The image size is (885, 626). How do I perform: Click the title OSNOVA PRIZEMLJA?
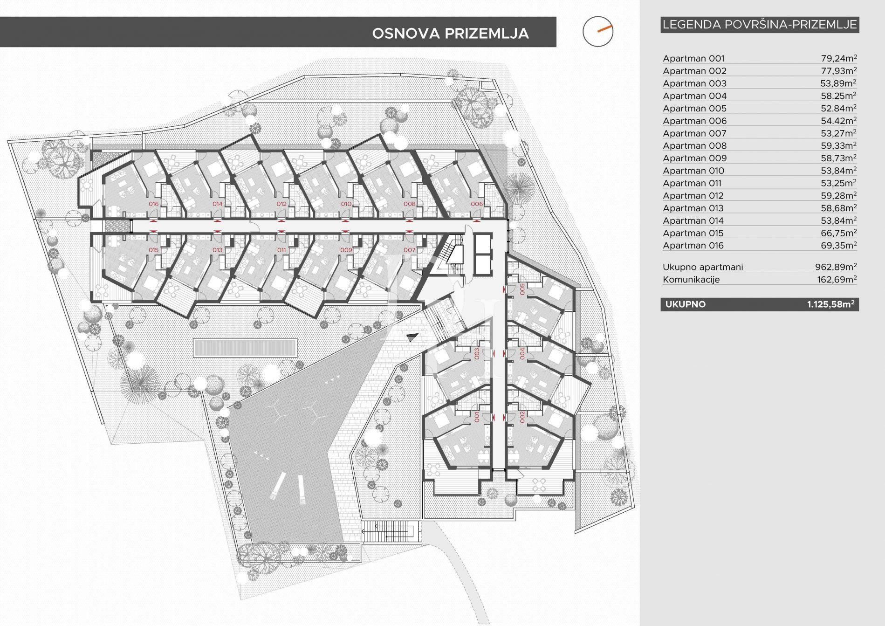(450, 34)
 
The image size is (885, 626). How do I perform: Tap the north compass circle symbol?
(598, 32)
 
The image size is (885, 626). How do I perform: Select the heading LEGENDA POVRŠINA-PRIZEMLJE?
(760, 25)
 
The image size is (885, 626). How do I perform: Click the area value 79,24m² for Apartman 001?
(838, 59)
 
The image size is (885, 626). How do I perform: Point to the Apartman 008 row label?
(694, 146)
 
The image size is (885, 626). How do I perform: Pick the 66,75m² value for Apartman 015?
(838, 233)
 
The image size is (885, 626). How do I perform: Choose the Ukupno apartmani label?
(703, 267)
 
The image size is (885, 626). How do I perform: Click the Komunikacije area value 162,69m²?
(838, 280)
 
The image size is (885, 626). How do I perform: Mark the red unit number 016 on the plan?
(153, 204)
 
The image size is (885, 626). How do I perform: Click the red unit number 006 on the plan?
(477, 204)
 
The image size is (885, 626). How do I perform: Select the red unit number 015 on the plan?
(153, 250)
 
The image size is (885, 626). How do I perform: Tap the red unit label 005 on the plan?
(522, 289)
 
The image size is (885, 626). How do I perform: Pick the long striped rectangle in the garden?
(245, 348)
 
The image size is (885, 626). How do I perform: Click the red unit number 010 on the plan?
(346, 204)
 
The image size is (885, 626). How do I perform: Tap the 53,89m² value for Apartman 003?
(838, 83)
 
